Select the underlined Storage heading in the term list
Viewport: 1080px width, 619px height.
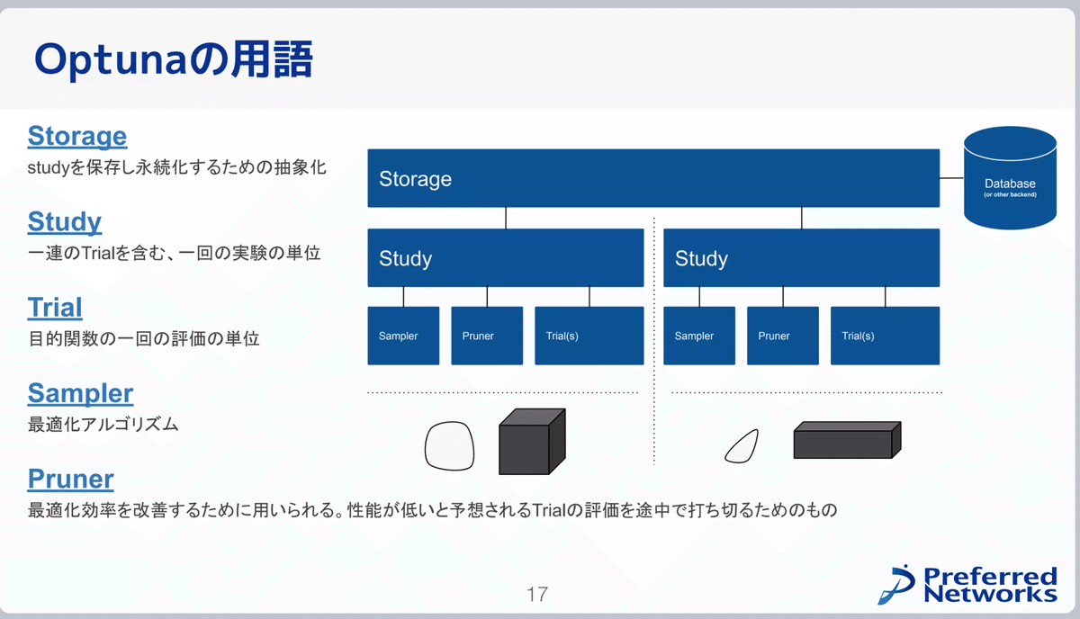[x=77, y=137]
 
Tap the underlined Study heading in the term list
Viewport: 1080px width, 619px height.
[x=65, y=221]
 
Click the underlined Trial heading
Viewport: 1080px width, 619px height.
[x=55, y=308]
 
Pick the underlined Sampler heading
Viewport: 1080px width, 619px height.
[x=80, y=393]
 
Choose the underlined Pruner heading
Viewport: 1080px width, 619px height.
[x=71, y=478]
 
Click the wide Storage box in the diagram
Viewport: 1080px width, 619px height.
[x=653, y=178]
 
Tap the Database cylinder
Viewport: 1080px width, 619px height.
[x=1010, y=178]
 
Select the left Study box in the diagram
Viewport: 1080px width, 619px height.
[x=506, y=258]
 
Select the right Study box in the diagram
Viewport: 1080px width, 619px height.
[x=801, y=258]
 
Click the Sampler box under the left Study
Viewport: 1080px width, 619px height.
[x=403, y=336]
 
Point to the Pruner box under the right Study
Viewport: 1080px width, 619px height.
[x=783, y=336]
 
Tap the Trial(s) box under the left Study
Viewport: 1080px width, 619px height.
[x=589, y=336]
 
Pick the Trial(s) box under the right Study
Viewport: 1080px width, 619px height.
[x=885, y=336]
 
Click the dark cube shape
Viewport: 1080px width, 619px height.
[x=531, y=442]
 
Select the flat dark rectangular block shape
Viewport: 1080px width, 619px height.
[x=846, y=441]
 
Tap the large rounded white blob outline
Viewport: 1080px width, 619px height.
[x=449, y=445]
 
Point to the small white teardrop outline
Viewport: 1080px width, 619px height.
[x=742, y=445]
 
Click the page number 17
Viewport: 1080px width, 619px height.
[x=537, y=594]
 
